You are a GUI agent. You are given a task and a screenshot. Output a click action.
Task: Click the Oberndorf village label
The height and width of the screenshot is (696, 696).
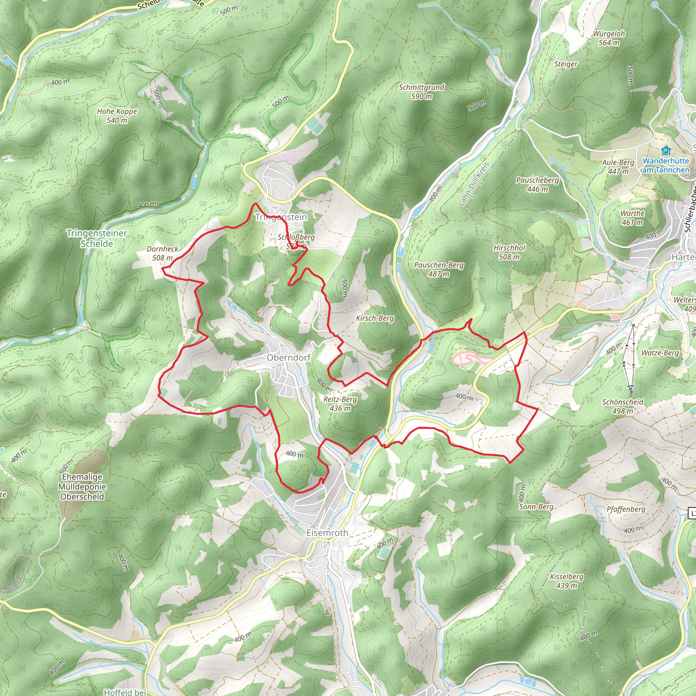(288, 358)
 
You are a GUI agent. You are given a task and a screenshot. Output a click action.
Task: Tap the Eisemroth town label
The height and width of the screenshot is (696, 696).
(327, 533)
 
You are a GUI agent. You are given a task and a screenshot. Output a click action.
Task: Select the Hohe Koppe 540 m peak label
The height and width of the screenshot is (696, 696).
(117, 116)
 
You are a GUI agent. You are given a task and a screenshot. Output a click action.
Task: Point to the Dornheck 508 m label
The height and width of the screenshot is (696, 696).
(162, 253)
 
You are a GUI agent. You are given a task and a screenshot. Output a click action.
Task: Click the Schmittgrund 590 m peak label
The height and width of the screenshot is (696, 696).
(421, 91)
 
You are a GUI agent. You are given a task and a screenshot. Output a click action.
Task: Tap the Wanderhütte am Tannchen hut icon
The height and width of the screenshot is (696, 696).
(666, 150)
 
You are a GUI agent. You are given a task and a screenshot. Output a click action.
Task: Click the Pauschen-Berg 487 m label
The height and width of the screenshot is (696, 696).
(439, 269)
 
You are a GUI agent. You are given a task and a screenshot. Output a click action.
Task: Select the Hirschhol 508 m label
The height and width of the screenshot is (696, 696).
(509, 252)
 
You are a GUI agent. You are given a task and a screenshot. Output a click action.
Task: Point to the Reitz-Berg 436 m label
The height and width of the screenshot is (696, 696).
(340, 403)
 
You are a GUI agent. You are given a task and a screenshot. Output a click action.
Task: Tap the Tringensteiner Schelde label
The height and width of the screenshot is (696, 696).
(97, 239)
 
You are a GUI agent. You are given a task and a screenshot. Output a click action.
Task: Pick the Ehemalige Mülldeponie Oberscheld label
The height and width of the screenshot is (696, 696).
(82, 487)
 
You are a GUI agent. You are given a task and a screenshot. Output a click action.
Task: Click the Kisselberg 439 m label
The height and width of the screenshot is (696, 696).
(567, 581)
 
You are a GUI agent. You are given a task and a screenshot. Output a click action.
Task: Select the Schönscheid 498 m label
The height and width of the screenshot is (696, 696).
(623, 406)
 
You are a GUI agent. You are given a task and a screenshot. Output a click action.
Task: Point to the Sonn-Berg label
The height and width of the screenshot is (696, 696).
(536, 507)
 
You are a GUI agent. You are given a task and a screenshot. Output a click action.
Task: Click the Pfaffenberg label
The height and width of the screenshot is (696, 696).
(626, 509)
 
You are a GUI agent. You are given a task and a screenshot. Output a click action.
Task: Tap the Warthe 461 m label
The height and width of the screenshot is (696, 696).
(632, 217)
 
